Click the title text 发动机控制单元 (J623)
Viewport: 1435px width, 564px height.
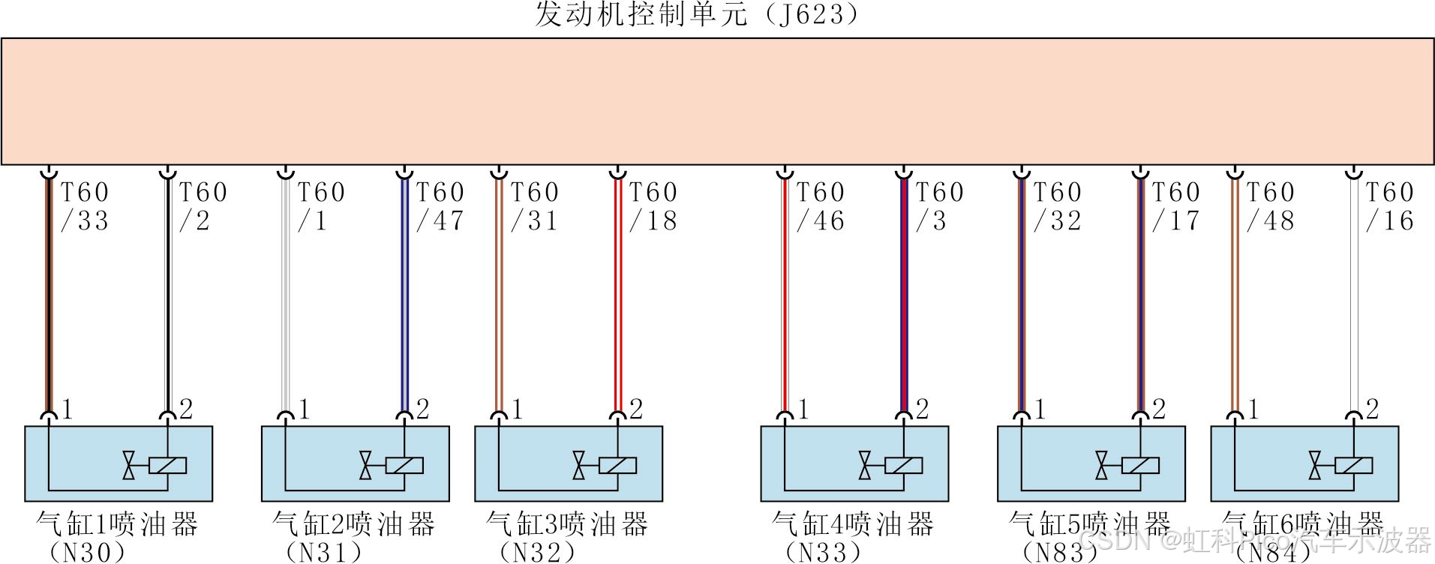click(x=696, y=15)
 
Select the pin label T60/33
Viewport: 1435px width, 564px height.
click(x=84, y=206)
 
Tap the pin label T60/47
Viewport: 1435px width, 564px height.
click(x=440, y=206)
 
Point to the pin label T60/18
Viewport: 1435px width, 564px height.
click(x=653, y=206)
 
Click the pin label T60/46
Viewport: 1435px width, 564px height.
click(x=820, y=206)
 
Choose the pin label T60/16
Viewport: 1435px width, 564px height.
click(x=1389, y=206)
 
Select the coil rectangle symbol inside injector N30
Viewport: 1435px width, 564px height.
click(x=167, y=466)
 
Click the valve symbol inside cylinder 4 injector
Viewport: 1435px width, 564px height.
click(x=865, y=466)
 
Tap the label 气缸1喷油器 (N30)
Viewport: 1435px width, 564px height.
click(x=116, y=537)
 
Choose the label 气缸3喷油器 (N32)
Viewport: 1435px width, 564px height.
click(x=566, y=537)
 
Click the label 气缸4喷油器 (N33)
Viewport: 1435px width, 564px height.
click(x=852, y=537)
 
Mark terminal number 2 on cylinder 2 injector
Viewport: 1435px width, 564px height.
click(x=422, y=409)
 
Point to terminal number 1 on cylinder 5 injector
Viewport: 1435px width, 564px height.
click(x=1040, y=409)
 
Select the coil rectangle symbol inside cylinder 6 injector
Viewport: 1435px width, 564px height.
click(x=1354, y=466)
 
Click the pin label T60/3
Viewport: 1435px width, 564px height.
click(x=938, y=206)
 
